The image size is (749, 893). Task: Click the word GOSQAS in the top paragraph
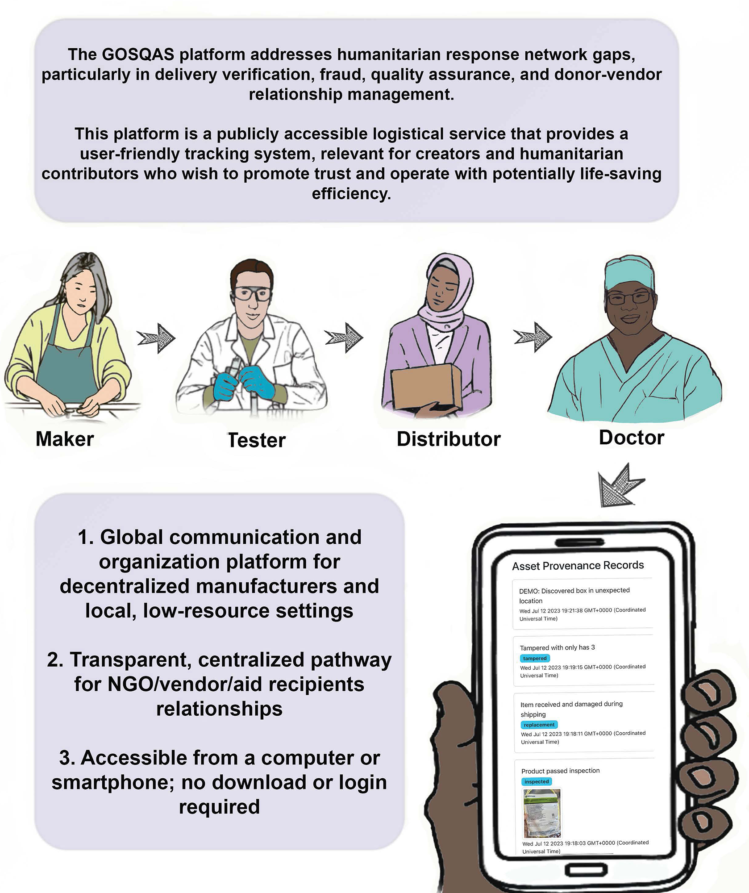coord(138,54)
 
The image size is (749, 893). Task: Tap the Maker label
coord(65,439)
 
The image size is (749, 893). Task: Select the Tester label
coord(257,440)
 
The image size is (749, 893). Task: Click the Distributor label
coord(449,439)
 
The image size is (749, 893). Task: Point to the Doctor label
coord(632,438)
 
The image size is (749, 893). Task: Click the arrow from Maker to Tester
coord(156,338)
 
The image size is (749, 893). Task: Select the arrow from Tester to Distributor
coord(344,338)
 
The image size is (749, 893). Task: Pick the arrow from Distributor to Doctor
coord(533,337)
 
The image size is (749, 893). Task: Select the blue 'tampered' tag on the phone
coord(535,658)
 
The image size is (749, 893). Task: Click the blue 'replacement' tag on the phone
coord(539,725)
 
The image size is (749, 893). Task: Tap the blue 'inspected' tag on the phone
coord(537,781)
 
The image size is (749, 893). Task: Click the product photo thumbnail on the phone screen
coord(542,813)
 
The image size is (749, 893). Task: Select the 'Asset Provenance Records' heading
coord(578,565)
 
